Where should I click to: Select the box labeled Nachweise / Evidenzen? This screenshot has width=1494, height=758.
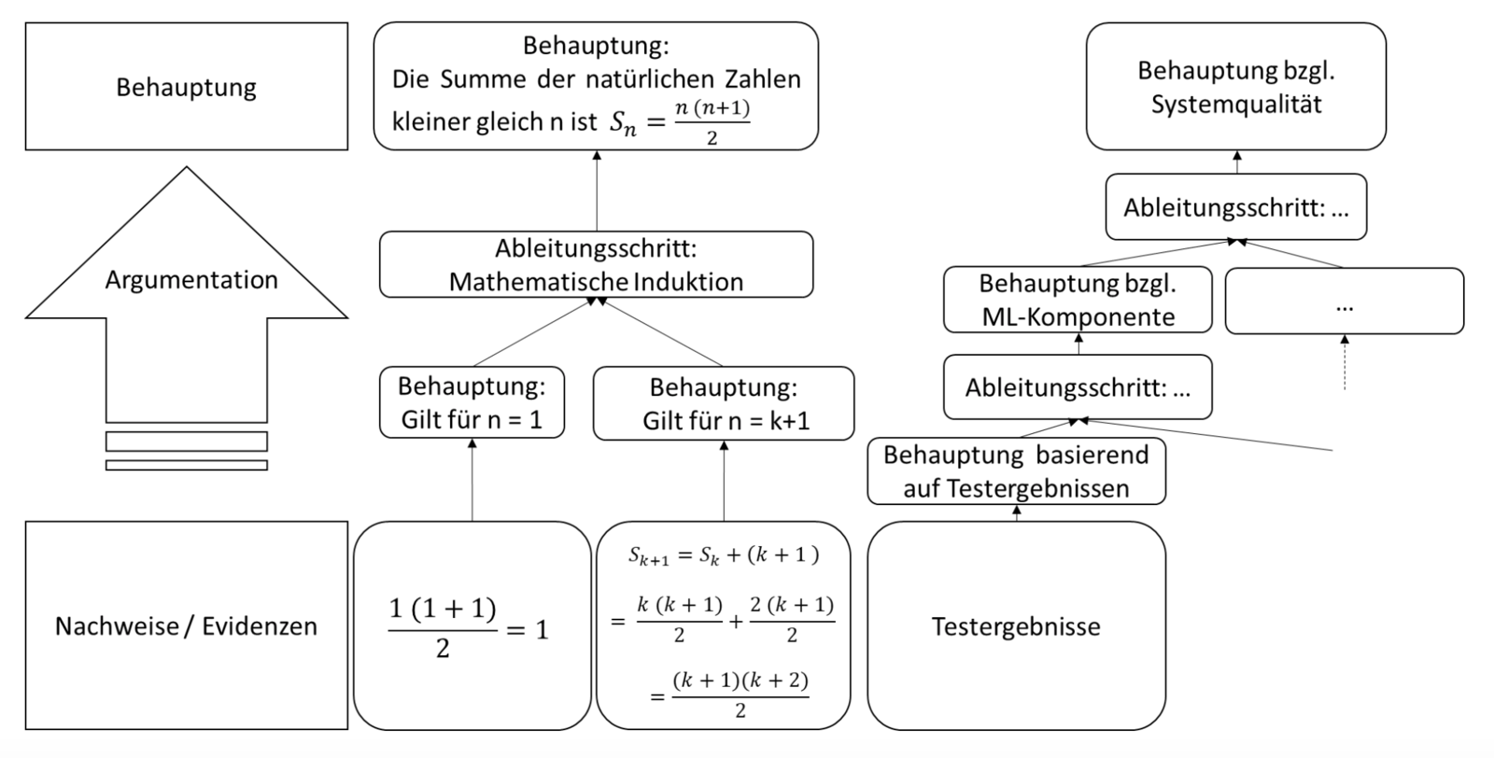point(186,625)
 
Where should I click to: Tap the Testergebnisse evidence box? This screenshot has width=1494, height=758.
point(1016,625)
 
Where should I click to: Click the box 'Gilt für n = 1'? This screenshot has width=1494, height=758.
point(472,403)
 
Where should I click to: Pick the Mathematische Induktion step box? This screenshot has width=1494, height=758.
point(596,265)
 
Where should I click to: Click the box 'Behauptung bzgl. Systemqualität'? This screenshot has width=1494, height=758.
point(1235,87)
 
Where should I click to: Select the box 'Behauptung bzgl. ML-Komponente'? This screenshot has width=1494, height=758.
point(1078,300)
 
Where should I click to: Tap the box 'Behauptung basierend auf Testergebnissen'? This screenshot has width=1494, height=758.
point(1016,471)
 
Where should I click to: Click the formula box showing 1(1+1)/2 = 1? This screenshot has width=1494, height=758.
point(472,625)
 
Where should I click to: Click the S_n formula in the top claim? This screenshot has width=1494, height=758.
point(680,122)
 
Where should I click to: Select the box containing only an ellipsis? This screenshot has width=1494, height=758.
point(1344,301)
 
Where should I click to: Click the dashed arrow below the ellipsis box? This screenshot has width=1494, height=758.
point(1344,364)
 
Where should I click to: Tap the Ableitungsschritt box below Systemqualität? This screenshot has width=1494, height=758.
point(1235,207)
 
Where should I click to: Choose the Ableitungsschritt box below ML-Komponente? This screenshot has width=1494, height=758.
point(1078,386)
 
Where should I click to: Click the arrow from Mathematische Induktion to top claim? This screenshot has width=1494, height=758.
point(596,191)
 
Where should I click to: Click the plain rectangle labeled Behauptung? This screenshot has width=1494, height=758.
point(186,87)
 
